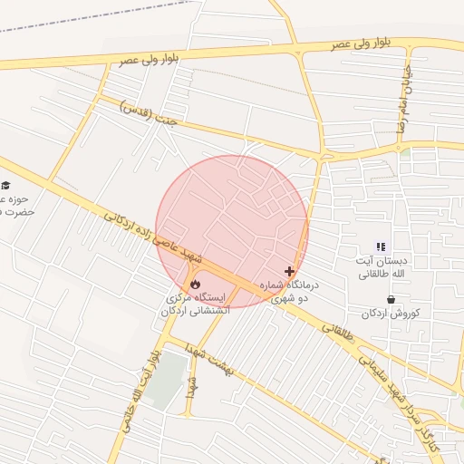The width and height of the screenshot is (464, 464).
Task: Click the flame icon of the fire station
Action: coord(195,284)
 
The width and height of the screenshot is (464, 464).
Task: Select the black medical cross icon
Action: coord(290,271)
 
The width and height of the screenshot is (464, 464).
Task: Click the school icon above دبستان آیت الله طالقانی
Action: coord(382,246)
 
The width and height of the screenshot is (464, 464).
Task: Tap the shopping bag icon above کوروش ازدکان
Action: coord(391,299)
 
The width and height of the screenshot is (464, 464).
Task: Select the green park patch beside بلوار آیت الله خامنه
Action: coord(165,385)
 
